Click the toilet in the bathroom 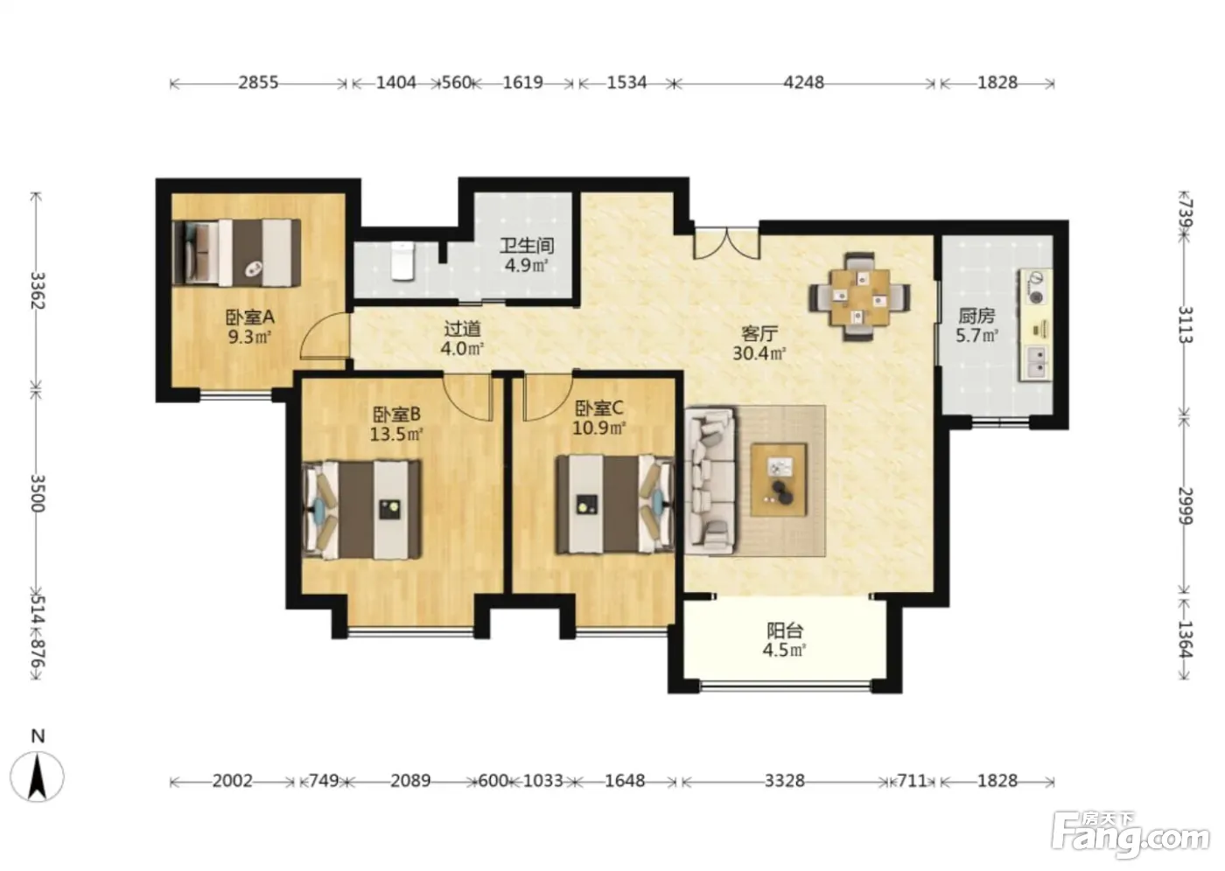403,261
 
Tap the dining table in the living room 859,296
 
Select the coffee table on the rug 779,480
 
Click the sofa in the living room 710,480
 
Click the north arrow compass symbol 37,776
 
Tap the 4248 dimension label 803,82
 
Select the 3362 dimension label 37,290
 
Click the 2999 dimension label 1185,505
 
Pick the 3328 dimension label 784,781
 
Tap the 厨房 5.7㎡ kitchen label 976,325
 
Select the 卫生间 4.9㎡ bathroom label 527,255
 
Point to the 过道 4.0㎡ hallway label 462,338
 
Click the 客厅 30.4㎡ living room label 759,344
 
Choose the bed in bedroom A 236,253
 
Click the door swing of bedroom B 467,397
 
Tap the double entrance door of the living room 727,243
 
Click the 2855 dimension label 258,82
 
